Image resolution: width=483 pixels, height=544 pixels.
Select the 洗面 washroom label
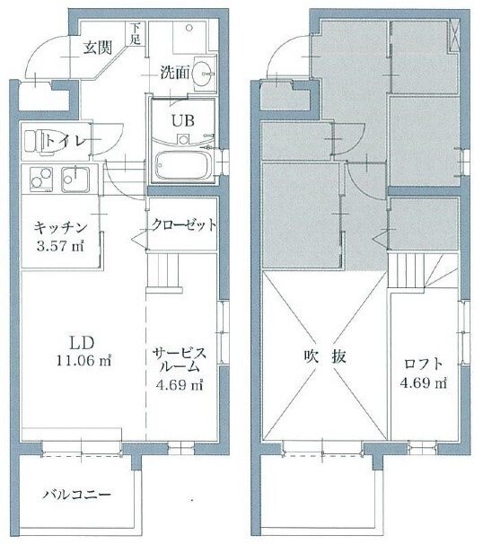[x=174, y=73]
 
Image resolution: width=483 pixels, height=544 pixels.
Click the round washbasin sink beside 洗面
[x=206, y=75]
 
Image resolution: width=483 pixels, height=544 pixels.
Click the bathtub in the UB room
[x=183, y=167]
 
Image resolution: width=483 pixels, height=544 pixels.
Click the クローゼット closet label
[x=183, y=224]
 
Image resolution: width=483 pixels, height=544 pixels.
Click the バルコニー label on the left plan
[x=75, y=495]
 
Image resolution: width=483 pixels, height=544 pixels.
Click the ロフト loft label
[x=424, y=363]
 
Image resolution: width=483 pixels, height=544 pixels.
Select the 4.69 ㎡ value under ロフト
[x=424, y=384]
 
